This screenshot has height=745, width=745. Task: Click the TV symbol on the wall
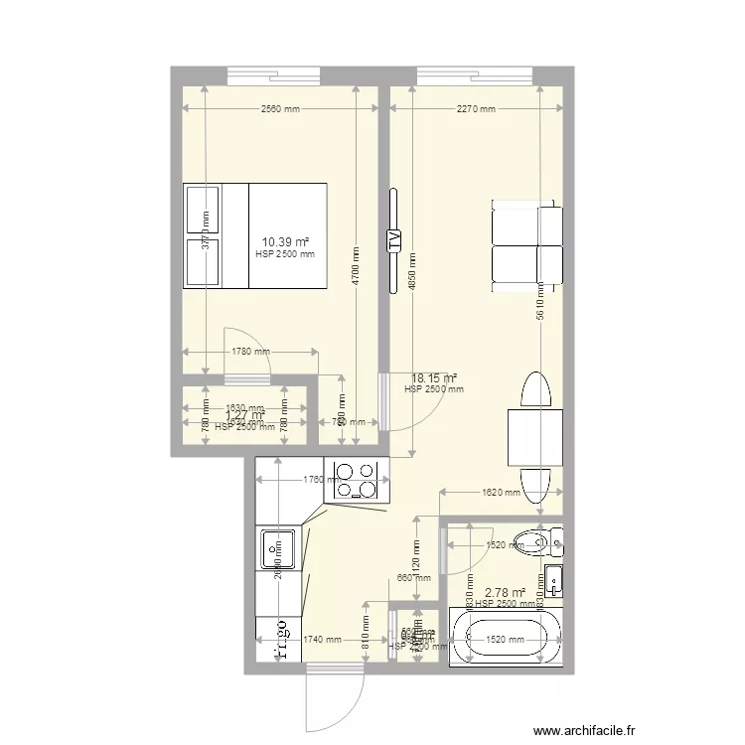[394, 238]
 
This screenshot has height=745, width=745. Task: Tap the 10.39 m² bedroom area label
[285, 241]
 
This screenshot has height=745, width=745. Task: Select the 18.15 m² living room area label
[434, 377]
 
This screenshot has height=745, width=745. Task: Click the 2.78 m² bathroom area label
[504, 593]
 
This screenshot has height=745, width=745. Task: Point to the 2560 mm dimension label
[280, 110]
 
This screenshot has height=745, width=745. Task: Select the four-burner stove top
[356, 480]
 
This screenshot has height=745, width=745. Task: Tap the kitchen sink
[277, 549]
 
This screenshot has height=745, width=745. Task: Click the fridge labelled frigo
[279, 640]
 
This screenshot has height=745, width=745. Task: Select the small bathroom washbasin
[552, 579]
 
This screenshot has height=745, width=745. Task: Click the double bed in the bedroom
[254, 235]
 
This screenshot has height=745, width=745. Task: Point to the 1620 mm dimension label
[499, 492]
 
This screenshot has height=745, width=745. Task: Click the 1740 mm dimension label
[326, 641]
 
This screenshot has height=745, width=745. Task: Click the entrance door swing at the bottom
[333, 700]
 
